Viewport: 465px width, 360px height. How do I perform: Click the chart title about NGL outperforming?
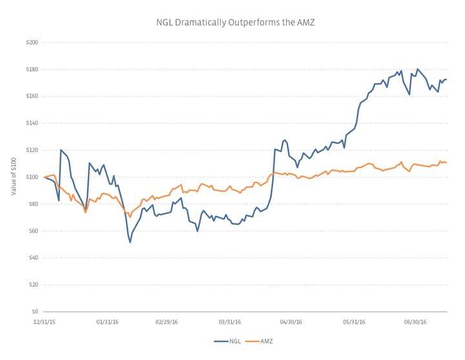click(235, 23)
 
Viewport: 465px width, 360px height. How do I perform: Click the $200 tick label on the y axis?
click(32, 42)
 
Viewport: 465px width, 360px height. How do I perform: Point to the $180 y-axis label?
click(32, 69)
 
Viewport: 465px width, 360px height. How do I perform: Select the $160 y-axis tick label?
click(32, 96)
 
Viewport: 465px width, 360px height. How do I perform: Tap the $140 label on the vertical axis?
click(32, 123)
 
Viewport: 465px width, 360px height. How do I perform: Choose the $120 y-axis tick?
click(32, 150)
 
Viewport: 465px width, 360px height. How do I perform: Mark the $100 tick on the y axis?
click(32, 177)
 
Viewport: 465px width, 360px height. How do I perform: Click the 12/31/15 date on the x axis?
click(44, 321)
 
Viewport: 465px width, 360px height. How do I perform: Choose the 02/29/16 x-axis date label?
click(167, 321)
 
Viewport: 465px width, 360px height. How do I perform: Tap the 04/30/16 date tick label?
click(291, 321)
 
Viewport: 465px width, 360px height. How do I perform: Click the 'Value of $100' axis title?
click(12, 176)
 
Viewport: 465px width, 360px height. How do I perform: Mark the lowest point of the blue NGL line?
click(130, 242)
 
